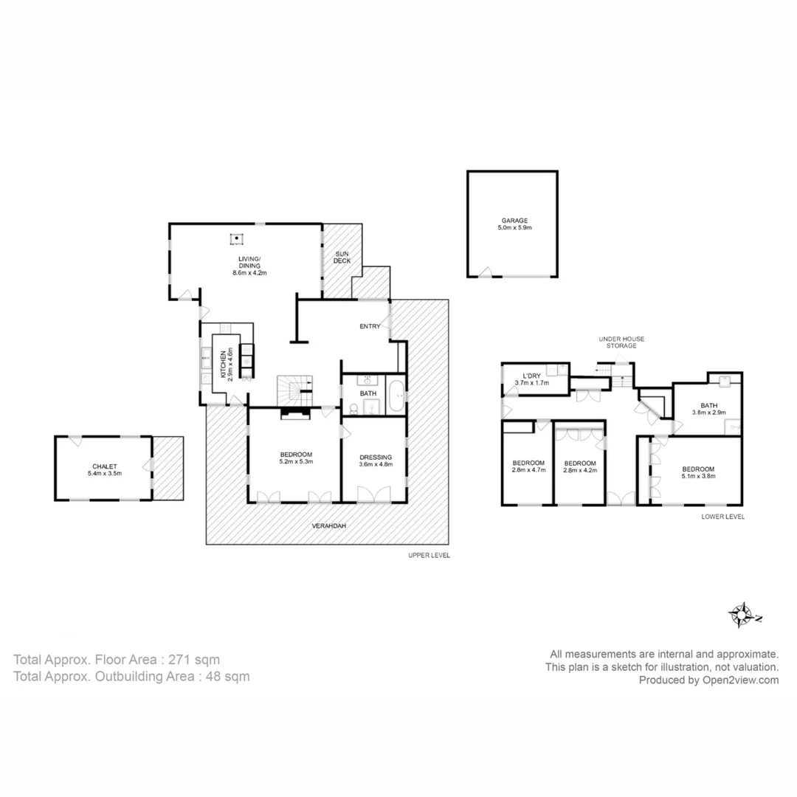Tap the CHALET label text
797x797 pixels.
click(104, 466)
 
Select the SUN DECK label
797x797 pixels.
click(342, 256)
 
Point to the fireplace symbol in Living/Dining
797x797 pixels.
click(236, 238)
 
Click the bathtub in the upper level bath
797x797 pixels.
click(396, 396)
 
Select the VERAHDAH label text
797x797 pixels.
click(328, 526)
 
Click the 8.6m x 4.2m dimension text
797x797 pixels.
click(249, 272)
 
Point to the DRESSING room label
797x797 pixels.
click(375, 457)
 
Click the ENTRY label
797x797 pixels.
click(370, 326)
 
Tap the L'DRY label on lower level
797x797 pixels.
click(531, 376)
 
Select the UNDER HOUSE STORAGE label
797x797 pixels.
click(621, 342)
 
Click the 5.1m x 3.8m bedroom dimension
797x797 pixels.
click(697, 476)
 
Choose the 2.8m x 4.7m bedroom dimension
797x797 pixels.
click(528, 470)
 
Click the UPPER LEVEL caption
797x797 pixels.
click(429, 556)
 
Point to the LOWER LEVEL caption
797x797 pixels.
click(722, 517)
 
